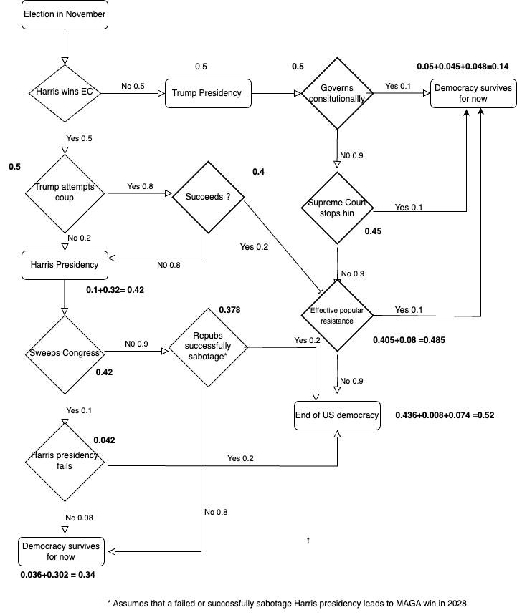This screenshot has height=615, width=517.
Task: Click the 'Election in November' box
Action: (65, 15)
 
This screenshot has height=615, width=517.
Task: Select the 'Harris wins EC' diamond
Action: (65, 92)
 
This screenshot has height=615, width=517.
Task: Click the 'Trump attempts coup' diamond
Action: (65, 193)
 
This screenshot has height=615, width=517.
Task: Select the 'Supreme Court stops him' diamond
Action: (337, 208)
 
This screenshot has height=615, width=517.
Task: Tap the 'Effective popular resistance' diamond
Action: (337, 316)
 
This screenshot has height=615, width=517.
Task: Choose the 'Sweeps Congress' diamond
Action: (65, 353)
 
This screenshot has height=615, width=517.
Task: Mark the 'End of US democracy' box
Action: (337, 415)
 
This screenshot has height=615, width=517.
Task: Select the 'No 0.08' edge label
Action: (80, 517)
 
